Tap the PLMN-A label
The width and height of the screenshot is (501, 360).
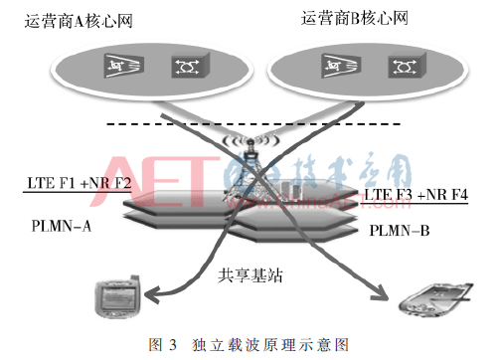click(x=56, y=226)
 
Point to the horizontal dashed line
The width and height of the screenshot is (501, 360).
click(x=249, y=123)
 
